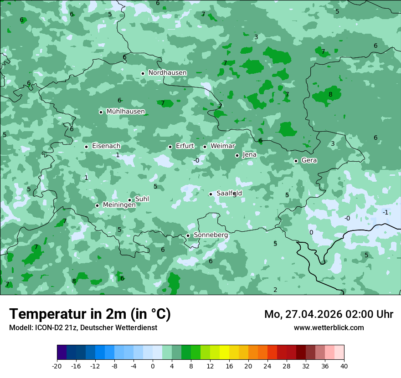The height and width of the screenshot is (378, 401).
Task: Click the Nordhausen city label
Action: (x=167, y=73)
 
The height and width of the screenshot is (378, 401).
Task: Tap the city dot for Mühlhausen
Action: (x=101, y=112)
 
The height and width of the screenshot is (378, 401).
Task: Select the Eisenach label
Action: (x=106, y=146)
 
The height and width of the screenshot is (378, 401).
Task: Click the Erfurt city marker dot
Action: (x=170, y=147)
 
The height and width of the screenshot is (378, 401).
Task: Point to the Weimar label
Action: (x=223, y=146)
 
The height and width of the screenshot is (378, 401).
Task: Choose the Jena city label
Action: (x=250, y=155)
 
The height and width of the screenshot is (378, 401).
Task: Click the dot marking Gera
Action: (x=296, y=161)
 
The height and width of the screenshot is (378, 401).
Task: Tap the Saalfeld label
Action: (x=229, y=194)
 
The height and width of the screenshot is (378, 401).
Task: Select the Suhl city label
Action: (x=142, y=199)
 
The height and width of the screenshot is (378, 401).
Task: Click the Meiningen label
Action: (x=119, y=205)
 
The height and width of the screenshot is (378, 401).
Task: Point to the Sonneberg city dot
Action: (x=188, y=235)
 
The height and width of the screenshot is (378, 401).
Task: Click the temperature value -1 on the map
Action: (x=386, y=213)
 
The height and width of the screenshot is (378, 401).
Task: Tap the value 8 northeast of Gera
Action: (x=330, y=95)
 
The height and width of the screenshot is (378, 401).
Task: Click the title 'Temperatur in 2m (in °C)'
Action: (x=90, y=314)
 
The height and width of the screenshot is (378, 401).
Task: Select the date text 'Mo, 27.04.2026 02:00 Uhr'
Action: (x=329, y=314)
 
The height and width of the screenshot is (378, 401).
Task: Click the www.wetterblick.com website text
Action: (x=329, y=328)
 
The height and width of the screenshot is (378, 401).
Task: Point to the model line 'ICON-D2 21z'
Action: (x=83, y=328)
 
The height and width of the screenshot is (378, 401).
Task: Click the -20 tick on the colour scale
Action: (x=57, y=366)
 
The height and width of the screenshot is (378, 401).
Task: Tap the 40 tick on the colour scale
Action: (x=344, y=366)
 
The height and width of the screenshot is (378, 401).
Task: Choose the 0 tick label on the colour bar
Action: (x=153, y=366)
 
